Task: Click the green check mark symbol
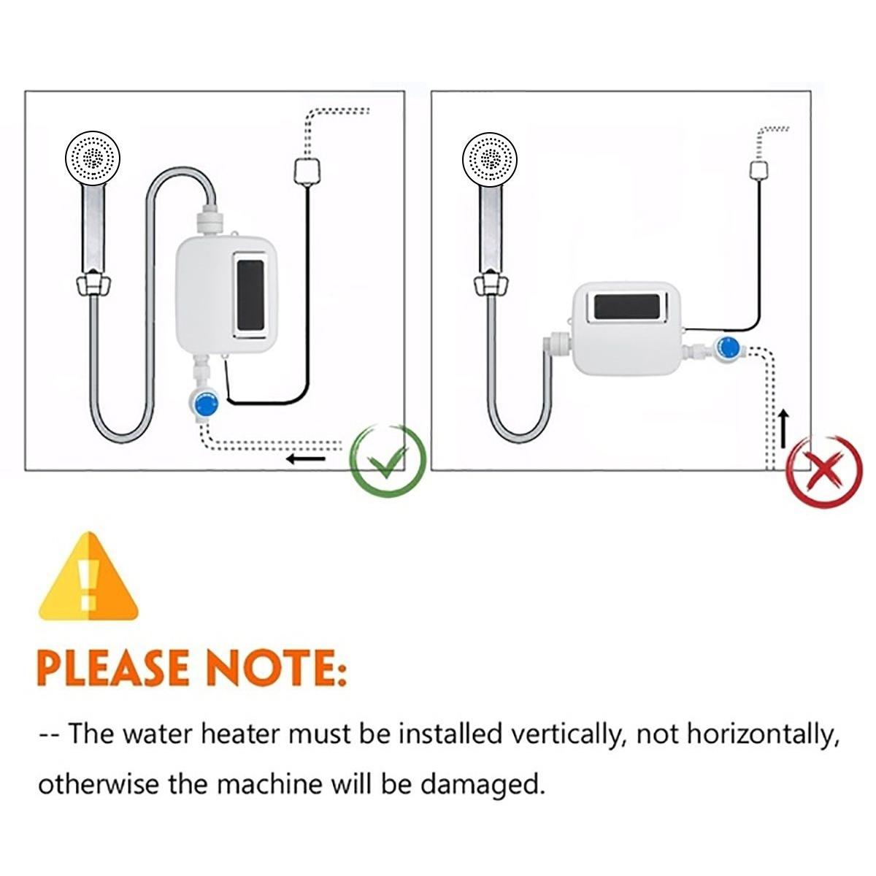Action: point(388,461)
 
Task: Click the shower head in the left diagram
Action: point(93,158)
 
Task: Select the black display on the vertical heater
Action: point(250,294)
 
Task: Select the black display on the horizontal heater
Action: point(627,306)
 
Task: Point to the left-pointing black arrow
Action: point(307,459)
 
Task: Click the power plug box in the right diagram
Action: point(760,169)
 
